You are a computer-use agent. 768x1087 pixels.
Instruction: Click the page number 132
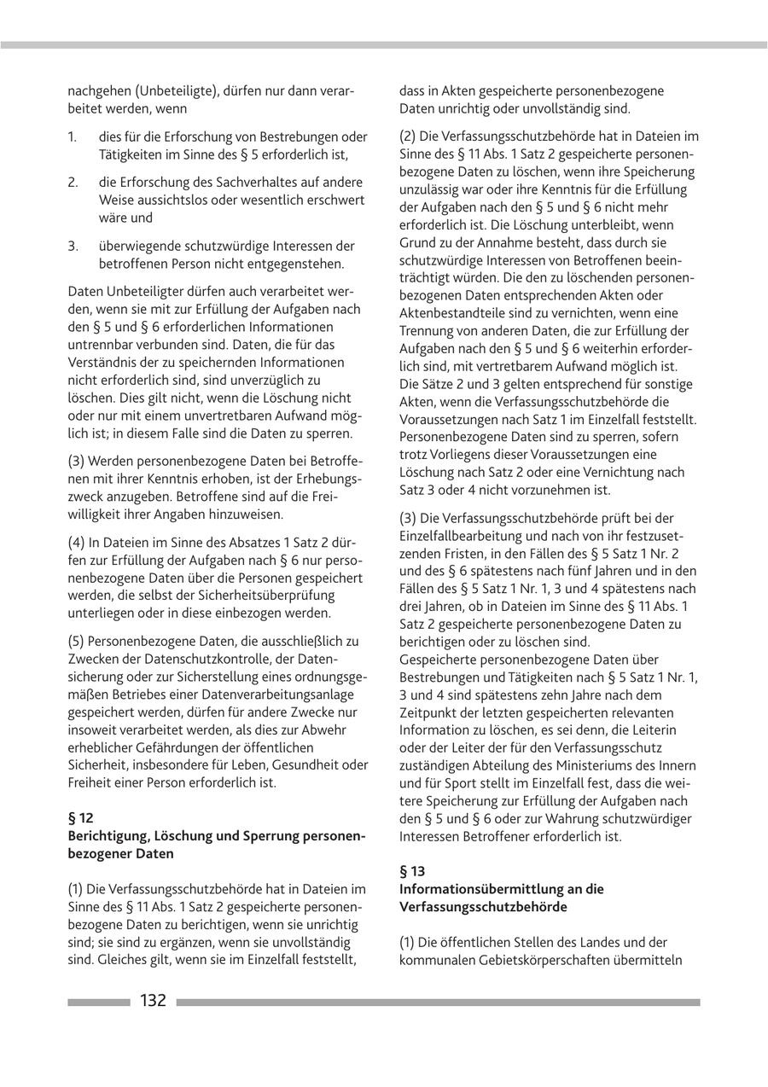click(154, 1001)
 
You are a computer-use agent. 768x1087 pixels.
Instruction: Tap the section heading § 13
click(412, 871)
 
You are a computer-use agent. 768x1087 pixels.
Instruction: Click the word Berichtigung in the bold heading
click(109, 835)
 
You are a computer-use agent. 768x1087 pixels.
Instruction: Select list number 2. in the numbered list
click(73, 183)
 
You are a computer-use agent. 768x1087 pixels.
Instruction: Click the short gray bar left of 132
click(98, 1003)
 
